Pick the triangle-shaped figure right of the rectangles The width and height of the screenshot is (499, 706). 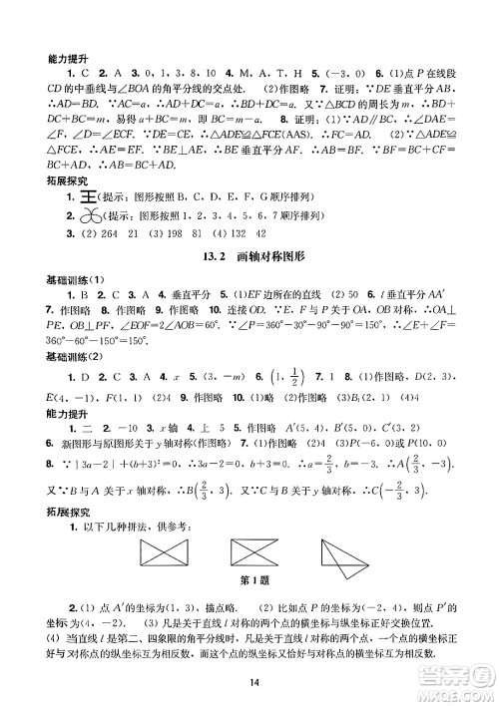350,550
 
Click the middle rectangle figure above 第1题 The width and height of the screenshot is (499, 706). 259,549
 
